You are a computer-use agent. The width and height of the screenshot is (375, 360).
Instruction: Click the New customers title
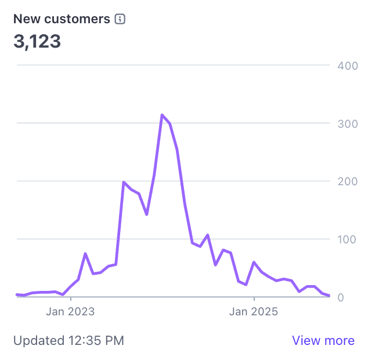pos(62,19)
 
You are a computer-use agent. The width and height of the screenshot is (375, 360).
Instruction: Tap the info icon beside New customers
pos(120,19)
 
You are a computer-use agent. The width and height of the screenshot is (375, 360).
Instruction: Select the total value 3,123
pos(37,42)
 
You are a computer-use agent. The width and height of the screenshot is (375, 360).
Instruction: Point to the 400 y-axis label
pos(347,66)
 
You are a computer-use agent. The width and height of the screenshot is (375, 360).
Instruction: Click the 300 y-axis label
pos(347,124)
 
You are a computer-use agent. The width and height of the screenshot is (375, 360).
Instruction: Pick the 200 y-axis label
pos(347,181)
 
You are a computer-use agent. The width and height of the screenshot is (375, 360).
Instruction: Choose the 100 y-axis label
pos(347,239)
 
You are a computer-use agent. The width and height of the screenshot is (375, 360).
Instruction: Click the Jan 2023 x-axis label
pos(70,312)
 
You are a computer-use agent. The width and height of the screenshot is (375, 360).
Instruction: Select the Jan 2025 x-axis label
pos(254,312)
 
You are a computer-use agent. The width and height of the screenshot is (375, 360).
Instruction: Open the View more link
pos(323,341)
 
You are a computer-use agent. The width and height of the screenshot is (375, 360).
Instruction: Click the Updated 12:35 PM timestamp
pos(68,341)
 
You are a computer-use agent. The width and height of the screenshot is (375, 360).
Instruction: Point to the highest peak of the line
pos(162,115)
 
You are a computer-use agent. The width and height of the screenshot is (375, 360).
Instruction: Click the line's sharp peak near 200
pos(124,182)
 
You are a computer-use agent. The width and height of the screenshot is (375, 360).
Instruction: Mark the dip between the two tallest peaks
pos(147,214)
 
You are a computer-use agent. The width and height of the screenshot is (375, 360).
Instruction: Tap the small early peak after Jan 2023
pos(85,254)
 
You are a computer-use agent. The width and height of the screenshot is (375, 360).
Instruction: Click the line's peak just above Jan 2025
pos(254,262)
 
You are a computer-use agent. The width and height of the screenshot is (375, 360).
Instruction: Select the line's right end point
pos(329,296)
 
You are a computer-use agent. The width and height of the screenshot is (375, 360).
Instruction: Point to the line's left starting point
pos(17,294)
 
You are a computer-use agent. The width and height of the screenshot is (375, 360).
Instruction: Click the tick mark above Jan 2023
pos(70,298)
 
